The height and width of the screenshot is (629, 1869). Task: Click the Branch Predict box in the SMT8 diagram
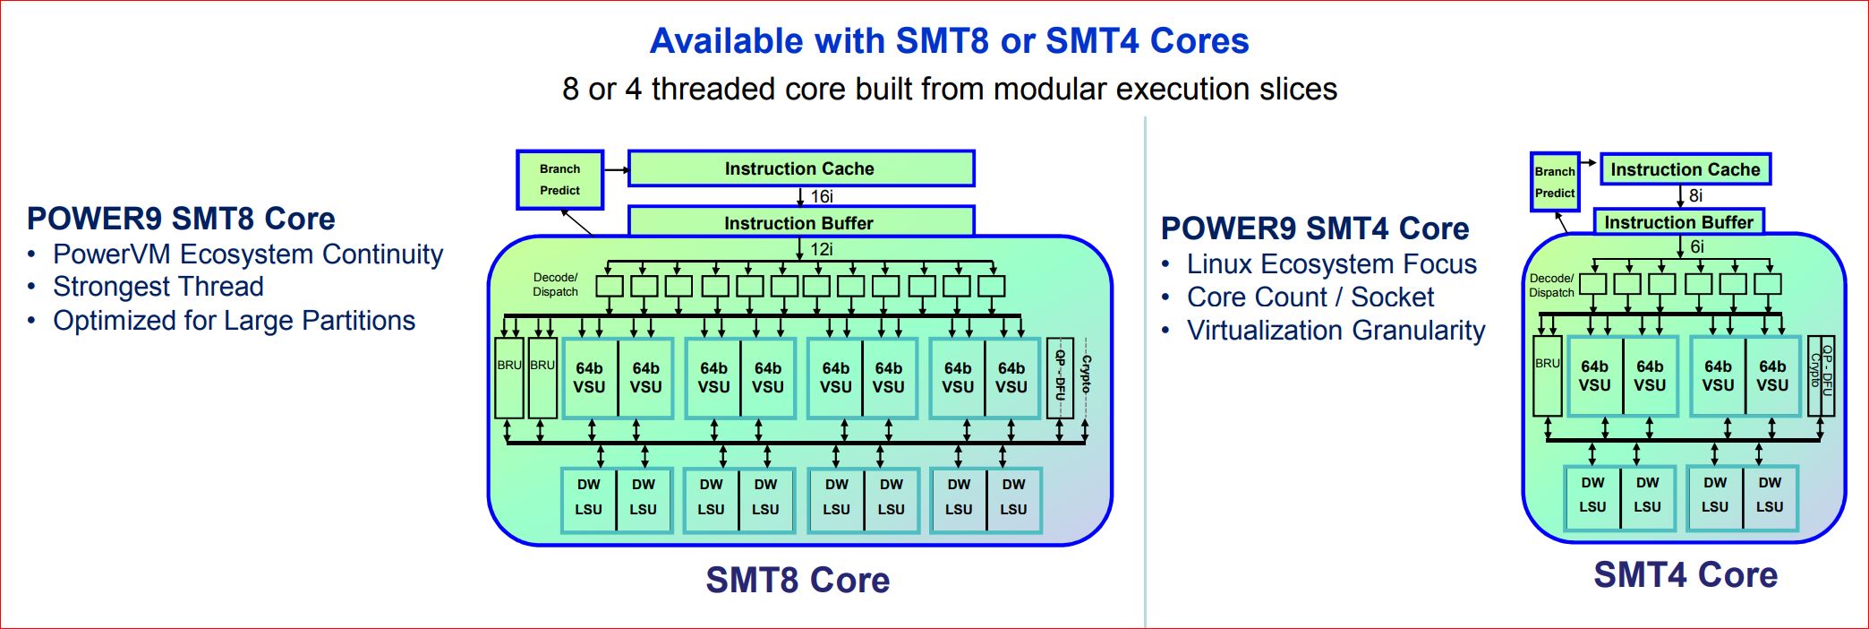click(559, 179)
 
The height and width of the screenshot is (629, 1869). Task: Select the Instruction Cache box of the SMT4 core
click(1685, 169)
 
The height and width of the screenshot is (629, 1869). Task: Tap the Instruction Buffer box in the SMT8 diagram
click(799, 222)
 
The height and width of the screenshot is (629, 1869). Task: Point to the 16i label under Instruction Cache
click(821, 196)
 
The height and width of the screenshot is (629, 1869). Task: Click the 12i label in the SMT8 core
click(821, 249)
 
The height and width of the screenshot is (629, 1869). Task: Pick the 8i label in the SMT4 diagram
click(1695, 195)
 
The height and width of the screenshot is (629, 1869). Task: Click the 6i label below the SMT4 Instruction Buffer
click(1696, 246)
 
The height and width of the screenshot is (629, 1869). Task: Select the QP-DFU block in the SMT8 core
click(1060, 377)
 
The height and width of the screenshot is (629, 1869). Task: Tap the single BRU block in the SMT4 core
click(1547, 375)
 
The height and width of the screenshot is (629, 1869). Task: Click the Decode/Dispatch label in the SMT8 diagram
click(555, 284)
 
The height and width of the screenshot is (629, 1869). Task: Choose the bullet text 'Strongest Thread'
click(158, 287)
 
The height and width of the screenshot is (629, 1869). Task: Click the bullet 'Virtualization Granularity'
click(1336, 331)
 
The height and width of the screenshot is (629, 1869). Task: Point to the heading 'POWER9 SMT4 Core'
click(1314, 228)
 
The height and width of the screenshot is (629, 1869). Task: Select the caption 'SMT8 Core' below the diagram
click(798, 580)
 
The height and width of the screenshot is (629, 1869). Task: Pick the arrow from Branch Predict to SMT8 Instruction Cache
click(616, 168)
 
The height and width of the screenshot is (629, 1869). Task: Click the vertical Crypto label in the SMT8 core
click(1086, 376)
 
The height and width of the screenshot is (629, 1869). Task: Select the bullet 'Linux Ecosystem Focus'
click(1331, 264)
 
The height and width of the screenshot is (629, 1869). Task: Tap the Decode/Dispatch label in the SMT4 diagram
click(1551, 285)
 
